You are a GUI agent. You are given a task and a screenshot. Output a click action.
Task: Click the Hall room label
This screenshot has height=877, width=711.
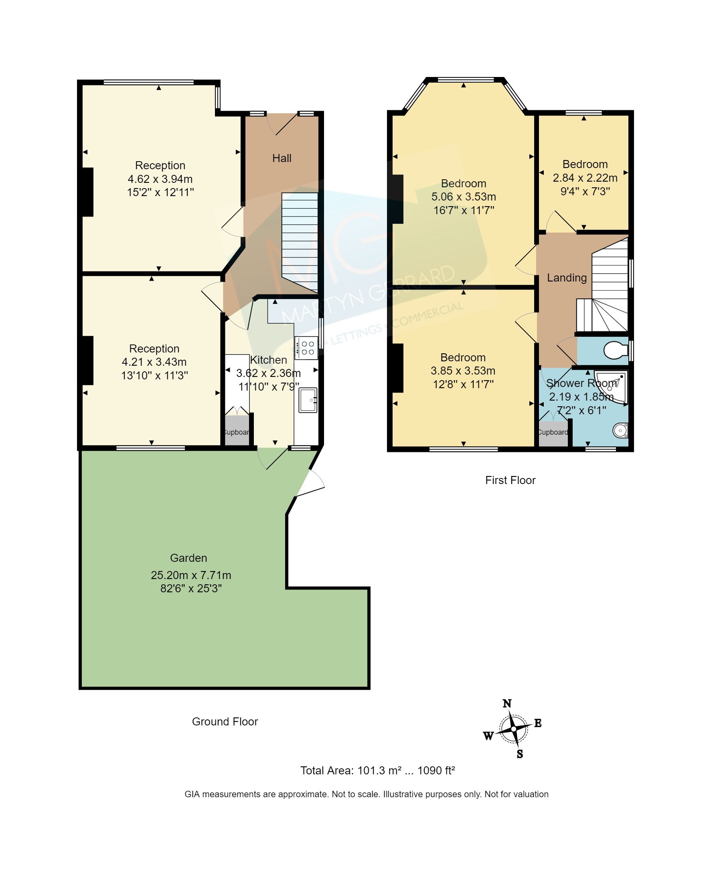pyautogui.click(x=282, y=158)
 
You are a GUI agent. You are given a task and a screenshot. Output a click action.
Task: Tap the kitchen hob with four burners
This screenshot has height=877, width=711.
pyautogui.click(x=306, y=348)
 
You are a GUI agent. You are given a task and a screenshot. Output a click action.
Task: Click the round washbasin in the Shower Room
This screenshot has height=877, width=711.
pyautogui.click(x=620, y=430)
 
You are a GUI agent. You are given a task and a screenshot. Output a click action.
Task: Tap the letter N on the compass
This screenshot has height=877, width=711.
pyautogui.click(x=506, y=703)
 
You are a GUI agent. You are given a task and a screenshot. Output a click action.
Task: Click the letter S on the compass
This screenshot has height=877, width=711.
pyautogui.click(x=519, y=754)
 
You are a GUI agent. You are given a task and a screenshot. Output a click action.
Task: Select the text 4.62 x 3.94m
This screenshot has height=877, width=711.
pyautogui.click(x=160, y=178)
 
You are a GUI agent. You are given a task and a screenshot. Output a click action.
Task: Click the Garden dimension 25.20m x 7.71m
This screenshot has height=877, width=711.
pyautogui.click(x=191, y=575)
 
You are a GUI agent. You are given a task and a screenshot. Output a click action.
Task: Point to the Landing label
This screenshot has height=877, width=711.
pyautogui.click(x=566, y=278)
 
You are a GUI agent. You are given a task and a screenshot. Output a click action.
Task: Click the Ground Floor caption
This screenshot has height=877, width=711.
pyautogui.click(x=225, y=721)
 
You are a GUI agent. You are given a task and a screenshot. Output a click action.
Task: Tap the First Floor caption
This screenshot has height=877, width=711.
pyautogui.click(x=510, y=480)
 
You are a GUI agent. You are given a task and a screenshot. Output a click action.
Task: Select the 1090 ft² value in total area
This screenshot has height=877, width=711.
pyautogui.click(x=436, y=770)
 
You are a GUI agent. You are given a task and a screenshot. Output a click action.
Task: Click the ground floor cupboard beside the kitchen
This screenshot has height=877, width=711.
pyautogui.click(x=237, y=431)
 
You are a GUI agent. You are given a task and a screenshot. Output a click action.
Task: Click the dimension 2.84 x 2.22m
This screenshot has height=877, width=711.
pyautogui.click(x=584, y=178)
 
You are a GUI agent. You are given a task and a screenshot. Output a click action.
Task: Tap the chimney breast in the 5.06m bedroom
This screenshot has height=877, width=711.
pyautogui.click(x=397, y=199)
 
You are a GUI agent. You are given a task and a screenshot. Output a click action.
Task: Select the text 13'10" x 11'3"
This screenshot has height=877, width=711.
pyautogui.click(x=154, y=375)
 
